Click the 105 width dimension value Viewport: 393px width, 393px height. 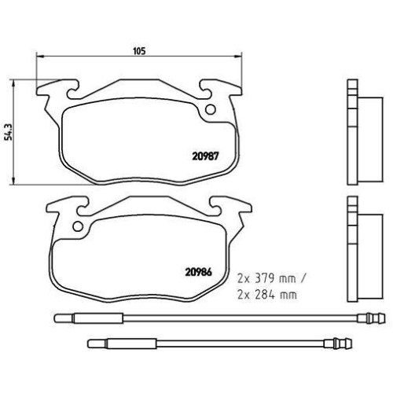138,51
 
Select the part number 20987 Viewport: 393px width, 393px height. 207,155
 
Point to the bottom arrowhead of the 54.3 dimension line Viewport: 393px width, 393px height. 18,182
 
